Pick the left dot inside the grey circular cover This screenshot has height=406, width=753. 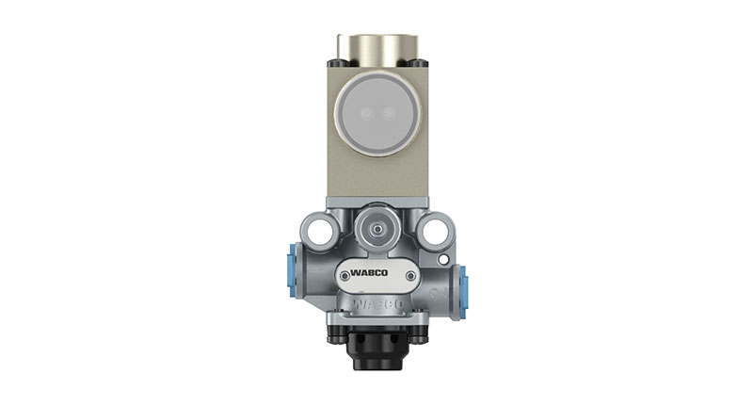tap(366, 115)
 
